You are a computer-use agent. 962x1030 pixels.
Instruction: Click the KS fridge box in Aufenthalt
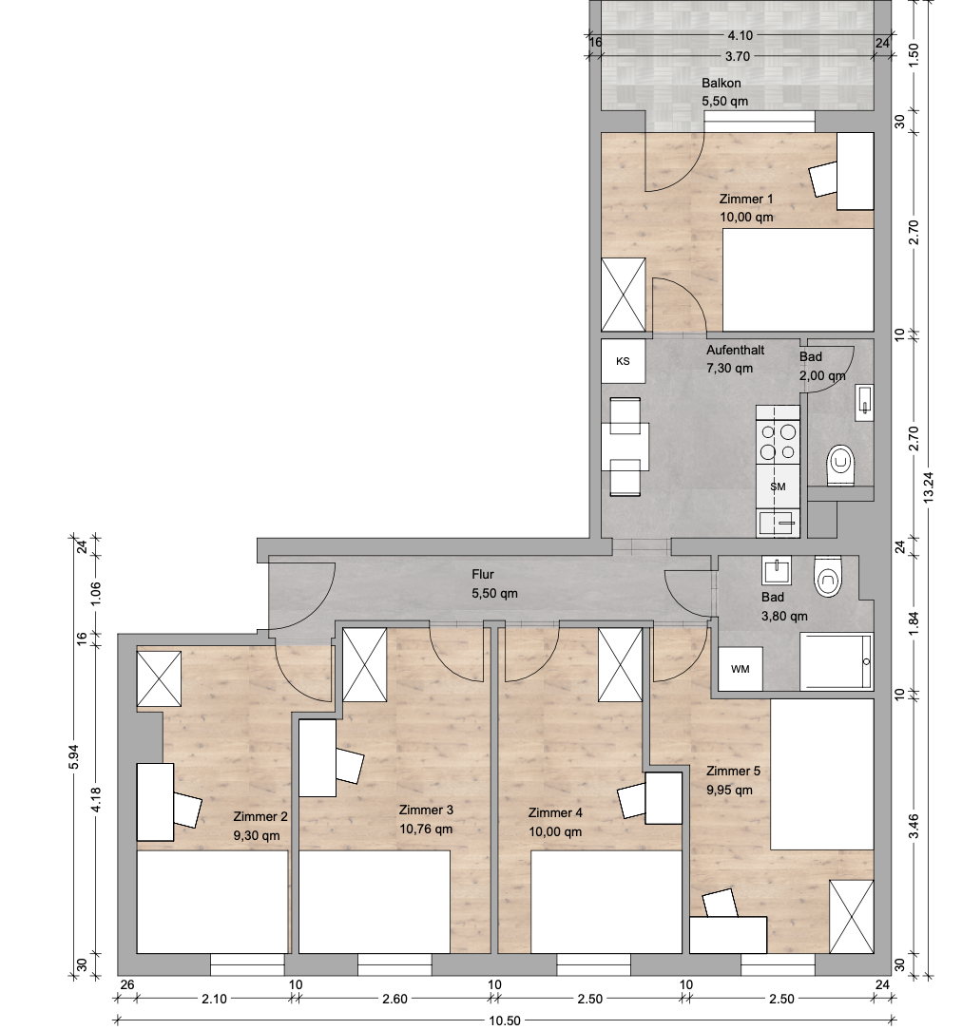[623, 361]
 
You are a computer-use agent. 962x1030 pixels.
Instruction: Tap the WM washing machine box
[741, 669]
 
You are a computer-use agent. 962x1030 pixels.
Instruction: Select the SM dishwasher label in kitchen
[778, 486]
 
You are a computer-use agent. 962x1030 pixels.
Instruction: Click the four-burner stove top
[778, 442]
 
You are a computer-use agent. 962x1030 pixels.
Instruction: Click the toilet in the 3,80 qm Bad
[827, 577]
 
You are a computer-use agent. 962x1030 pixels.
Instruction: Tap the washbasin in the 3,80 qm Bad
[777, 570]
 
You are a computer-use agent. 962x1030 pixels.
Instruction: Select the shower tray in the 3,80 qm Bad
[836, 661]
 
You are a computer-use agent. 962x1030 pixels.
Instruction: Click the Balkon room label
[721, 84]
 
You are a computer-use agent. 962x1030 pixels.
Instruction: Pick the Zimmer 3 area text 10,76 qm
[426, 829]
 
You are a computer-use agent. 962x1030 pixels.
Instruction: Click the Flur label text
[483, 574]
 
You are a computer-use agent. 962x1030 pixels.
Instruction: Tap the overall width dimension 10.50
[505, 1020]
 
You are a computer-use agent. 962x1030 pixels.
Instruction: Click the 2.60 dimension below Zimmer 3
[394, 1000]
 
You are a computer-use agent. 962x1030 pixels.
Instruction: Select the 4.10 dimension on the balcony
[741, 35]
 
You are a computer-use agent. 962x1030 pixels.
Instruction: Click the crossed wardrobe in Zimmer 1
[624, 295]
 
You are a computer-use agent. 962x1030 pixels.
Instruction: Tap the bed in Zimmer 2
[212, 902]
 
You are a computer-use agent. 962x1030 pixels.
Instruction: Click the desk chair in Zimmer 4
[633, 800]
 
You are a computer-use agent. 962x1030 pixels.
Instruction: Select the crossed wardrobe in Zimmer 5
[852, 916]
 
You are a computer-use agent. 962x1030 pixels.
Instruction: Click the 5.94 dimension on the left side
[74, 756]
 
